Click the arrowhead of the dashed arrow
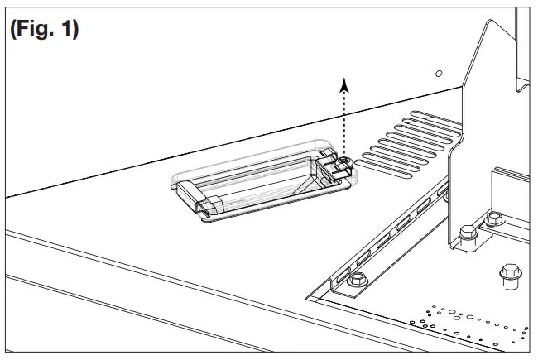point(344,85)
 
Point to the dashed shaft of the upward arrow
point(344,124)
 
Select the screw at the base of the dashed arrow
point(343,161)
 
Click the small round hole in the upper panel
point(439,74)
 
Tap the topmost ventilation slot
point(435,118)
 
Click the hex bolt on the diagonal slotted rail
point(358,279)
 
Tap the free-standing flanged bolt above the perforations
point(511,276)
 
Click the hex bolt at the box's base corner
point(493,218)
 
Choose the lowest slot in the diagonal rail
point(343,275)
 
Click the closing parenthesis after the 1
point(75,30)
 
